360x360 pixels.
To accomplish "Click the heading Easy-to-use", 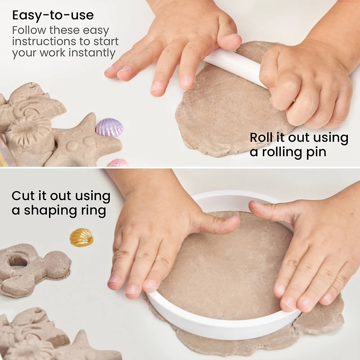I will [x=53, y=15].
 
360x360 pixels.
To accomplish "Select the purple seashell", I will [x=109, y=127].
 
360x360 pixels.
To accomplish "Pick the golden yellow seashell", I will [x=81, y=237].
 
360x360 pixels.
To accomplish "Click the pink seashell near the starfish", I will [x=117, y=162].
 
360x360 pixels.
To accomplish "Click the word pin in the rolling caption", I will [x=315, y=152].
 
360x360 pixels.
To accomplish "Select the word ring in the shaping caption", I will [x=94, y=210].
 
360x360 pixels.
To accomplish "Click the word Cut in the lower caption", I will [x=23, y=196].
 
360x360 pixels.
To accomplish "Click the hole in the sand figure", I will [x=18, y=260].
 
